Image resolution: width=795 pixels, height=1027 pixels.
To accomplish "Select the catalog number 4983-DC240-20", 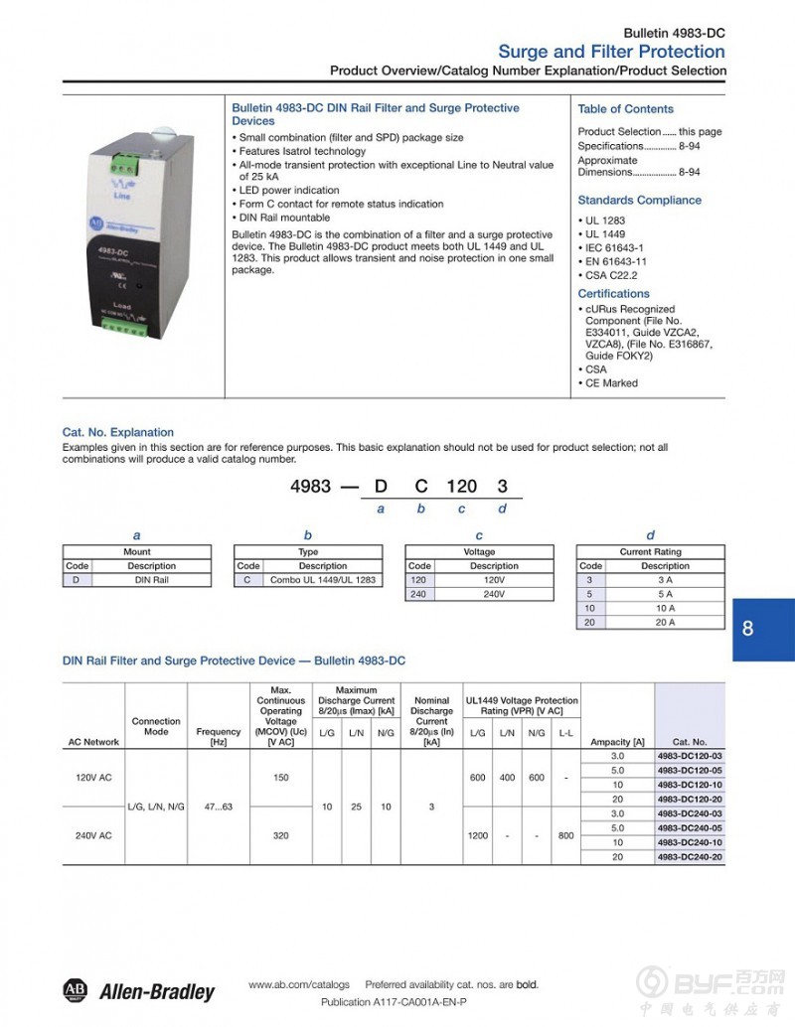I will point(690,856).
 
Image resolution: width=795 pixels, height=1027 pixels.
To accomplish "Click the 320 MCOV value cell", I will point(281,835).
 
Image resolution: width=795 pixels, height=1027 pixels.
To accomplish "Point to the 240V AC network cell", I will point(93,835).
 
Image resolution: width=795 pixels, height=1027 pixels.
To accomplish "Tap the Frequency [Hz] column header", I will point(219,736).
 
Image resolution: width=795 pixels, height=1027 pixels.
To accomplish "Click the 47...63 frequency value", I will point(219,806).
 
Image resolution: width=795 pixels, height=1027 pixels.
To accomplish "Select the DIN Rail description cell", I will point(151,580).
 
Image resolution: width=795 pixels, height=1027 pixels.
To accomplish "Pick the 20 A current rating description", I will point(665,622).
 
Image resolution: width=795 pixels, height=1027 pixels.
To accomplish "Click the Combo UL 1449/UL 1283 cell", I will point(323,580).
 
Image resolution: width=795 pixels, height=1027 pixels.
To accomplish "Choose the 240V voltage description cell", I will point(494,594).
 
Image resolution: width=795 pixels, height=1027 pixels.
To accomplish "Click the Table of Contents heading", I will point(625,109).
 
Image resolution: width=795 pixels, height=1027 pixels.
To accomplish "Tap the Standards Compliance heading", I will point(639,200).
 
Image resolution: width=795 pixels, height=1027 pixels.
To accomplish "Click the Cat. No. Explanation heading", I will point(117,432).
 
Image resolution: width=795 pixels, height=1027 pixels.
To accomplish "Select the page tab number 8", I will point(747,628).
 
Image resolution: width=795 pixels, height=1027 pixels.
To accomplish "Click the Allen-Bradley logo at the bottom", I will point(138,990).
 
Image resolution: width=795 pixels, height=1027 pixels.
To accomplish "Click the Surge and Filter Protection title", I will point(611,52).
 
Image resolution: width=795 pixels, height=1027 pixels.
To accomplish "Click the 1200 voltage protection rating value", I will point(477,835).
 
